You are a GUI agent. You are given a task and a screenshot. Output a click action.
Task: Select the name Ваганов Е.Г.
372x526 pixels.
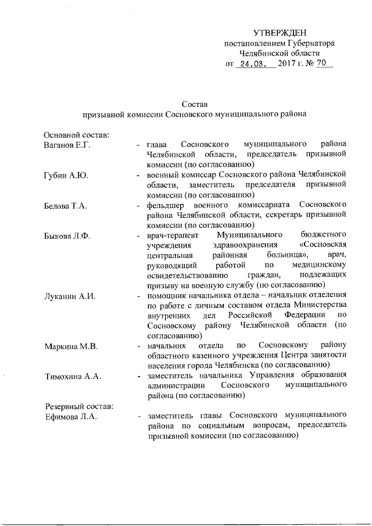coord(67,145)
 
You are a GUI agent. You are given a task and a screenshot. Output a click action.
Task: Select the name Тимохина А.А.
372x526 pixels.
coord(73,377)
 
